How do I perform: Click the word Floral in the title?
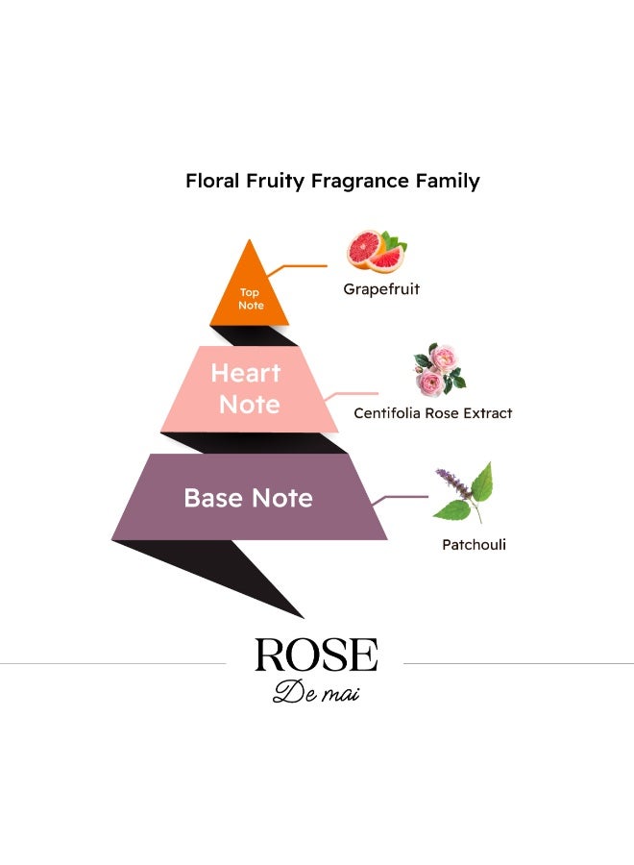click(x=212, y=181)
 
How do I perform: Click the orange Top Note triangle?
click(x=249, y=289)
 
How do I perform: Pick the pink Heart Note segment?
click(x=249, y=389)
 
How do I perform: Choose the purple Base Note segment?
click(x=249, y=497)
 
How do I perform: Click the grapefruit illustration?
click(x=377, y=251)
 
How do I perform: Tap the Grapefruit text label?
click(x=381, y=289)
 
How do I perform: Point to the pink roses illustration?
click(x=439, y=370)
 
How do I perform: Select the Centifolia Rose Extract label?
click(x=433, y=413)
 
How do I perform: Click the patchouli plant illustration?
click(x=463, y=493)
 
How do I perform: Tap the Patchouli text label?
click(x=475, y=545)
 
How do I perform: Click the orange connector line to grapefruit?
click(x=298, y=267)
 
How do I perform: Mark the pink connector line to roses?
click(x=353, y=395)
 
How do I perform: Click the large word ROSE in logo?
click(x=316, y=655)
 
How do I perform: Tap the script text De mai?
click(x=316, y=692)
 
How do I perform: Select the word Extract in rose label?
click(x=488, y=413)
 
